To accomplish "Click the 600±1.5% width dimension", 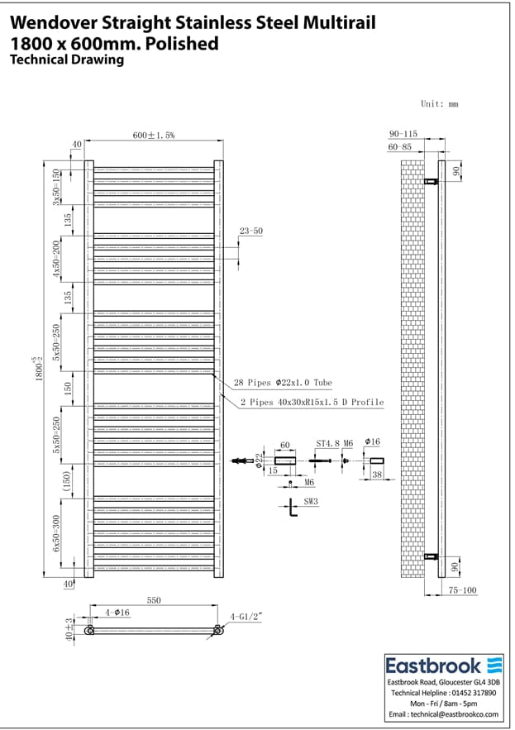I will (154, 135).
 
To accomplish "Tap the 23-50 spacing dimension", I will (250, 231).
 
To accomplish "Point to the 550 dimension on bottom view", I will (154, 600).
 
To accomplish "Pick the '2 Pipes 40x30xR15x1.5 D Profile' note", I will (312, 402).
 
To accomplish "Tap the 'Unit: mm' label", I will (439, 104).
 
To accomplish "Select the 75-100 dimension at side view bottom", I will (464, 590).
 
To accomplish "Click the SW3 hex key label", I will (312, 501).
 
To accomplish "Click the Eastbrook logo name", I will (434, 666).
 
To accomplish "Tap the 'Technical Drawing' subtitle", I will (66, 60).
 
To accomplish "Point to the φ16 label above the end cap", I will (371, 444).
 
